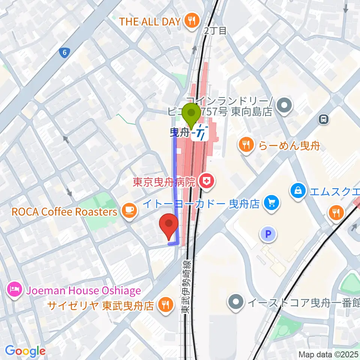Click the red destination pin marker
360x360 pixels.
tap(169, 224)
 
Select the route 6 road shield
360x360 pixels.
tap(65, 53)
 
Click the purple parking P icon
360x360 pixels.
tap(268, 234)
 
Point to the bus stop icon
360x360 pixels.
tap(323, 120)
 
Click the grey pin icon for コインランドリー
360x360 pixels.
tap(284, 105)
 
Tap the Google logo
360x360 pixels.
tap(25, 351)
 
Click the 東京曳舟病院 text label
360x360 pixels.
tap(165, 183)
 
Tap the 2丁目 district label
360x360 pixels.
tap(216, 31)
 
